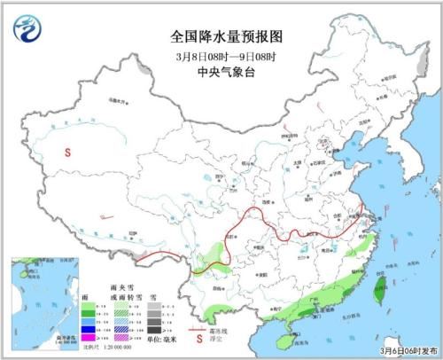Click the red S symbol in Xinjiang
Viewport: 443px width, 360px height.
click(66, 152)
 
